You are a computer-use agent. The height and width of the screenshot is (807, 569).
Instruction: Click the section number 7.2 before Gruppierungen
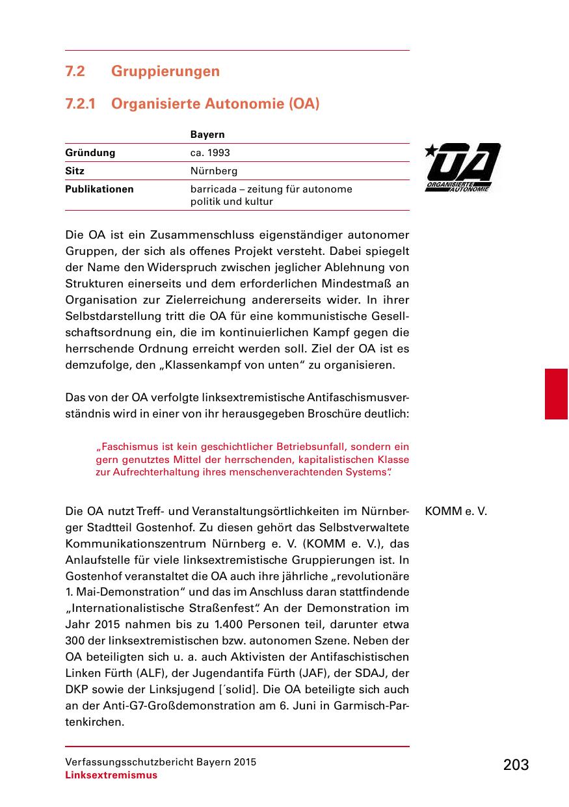click(75, 71)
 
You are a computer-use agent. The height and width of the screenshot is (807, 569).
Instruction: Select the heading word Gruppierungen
click(165, 71)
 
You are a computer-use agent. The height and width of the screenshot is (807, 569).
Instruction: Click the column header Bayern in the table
click(207, 135)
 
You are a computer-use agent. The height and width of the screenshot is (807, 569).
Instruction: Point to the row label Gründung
click(90, 153)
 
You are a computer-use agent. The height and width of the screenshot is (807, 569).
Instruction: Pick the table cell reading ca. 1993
click(209, 153)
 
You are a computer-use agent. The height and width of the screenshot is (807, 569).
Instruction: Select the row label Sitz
click(75, 171)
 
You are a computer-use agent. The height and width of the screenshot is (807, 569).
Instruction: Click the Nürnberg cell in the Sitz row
click(213, 171)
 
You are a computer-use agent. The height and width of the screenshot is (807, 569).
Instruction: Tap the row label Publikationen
click(99, 189)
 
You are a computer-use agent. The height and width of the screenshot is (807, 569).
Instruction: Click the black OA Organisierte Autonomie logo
click(463, 168)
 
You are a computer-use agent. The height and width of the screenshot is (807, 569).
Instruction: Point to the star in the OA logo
click(430, 152)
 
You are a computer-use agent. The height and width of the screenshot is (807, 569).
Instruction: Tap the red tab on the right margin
click(556, 393)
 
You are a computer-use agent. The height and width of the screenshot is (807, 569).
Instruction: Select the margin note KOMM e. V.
click(455, 511)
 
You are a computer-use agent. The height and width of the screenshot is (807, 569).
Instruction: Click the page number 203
click(516, 765)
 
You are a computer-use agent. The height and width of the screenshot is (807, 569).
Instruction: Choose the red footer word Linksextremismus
click(111, 775)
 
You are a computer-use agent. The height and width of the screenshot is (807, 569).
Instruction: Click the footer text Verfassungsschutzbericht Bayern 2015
click(160, 762)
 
